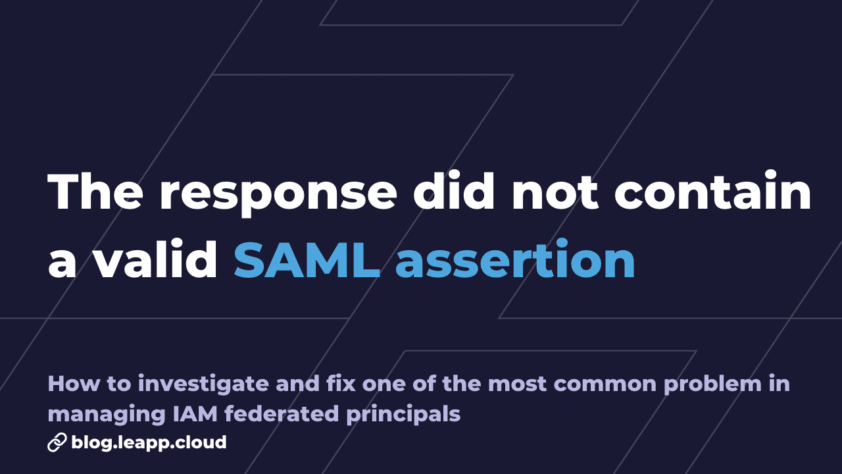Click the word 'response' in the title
pos(278,192)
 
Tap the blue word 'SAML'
pos(307,261)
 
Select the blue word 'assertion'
pos(515,261)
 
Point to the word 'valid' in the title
pos(155,261)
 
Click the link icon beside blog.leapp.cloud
pos(57,442)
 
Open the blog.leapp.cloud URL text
pos(149,442)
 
